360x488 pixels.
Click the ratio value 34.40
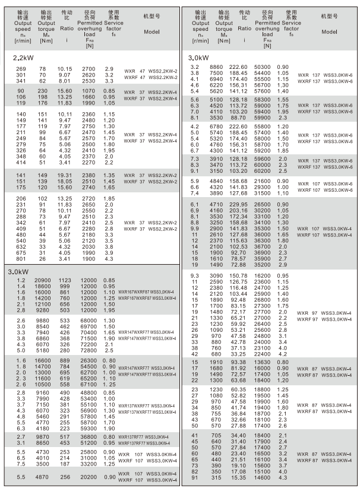tap(238, 435)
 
